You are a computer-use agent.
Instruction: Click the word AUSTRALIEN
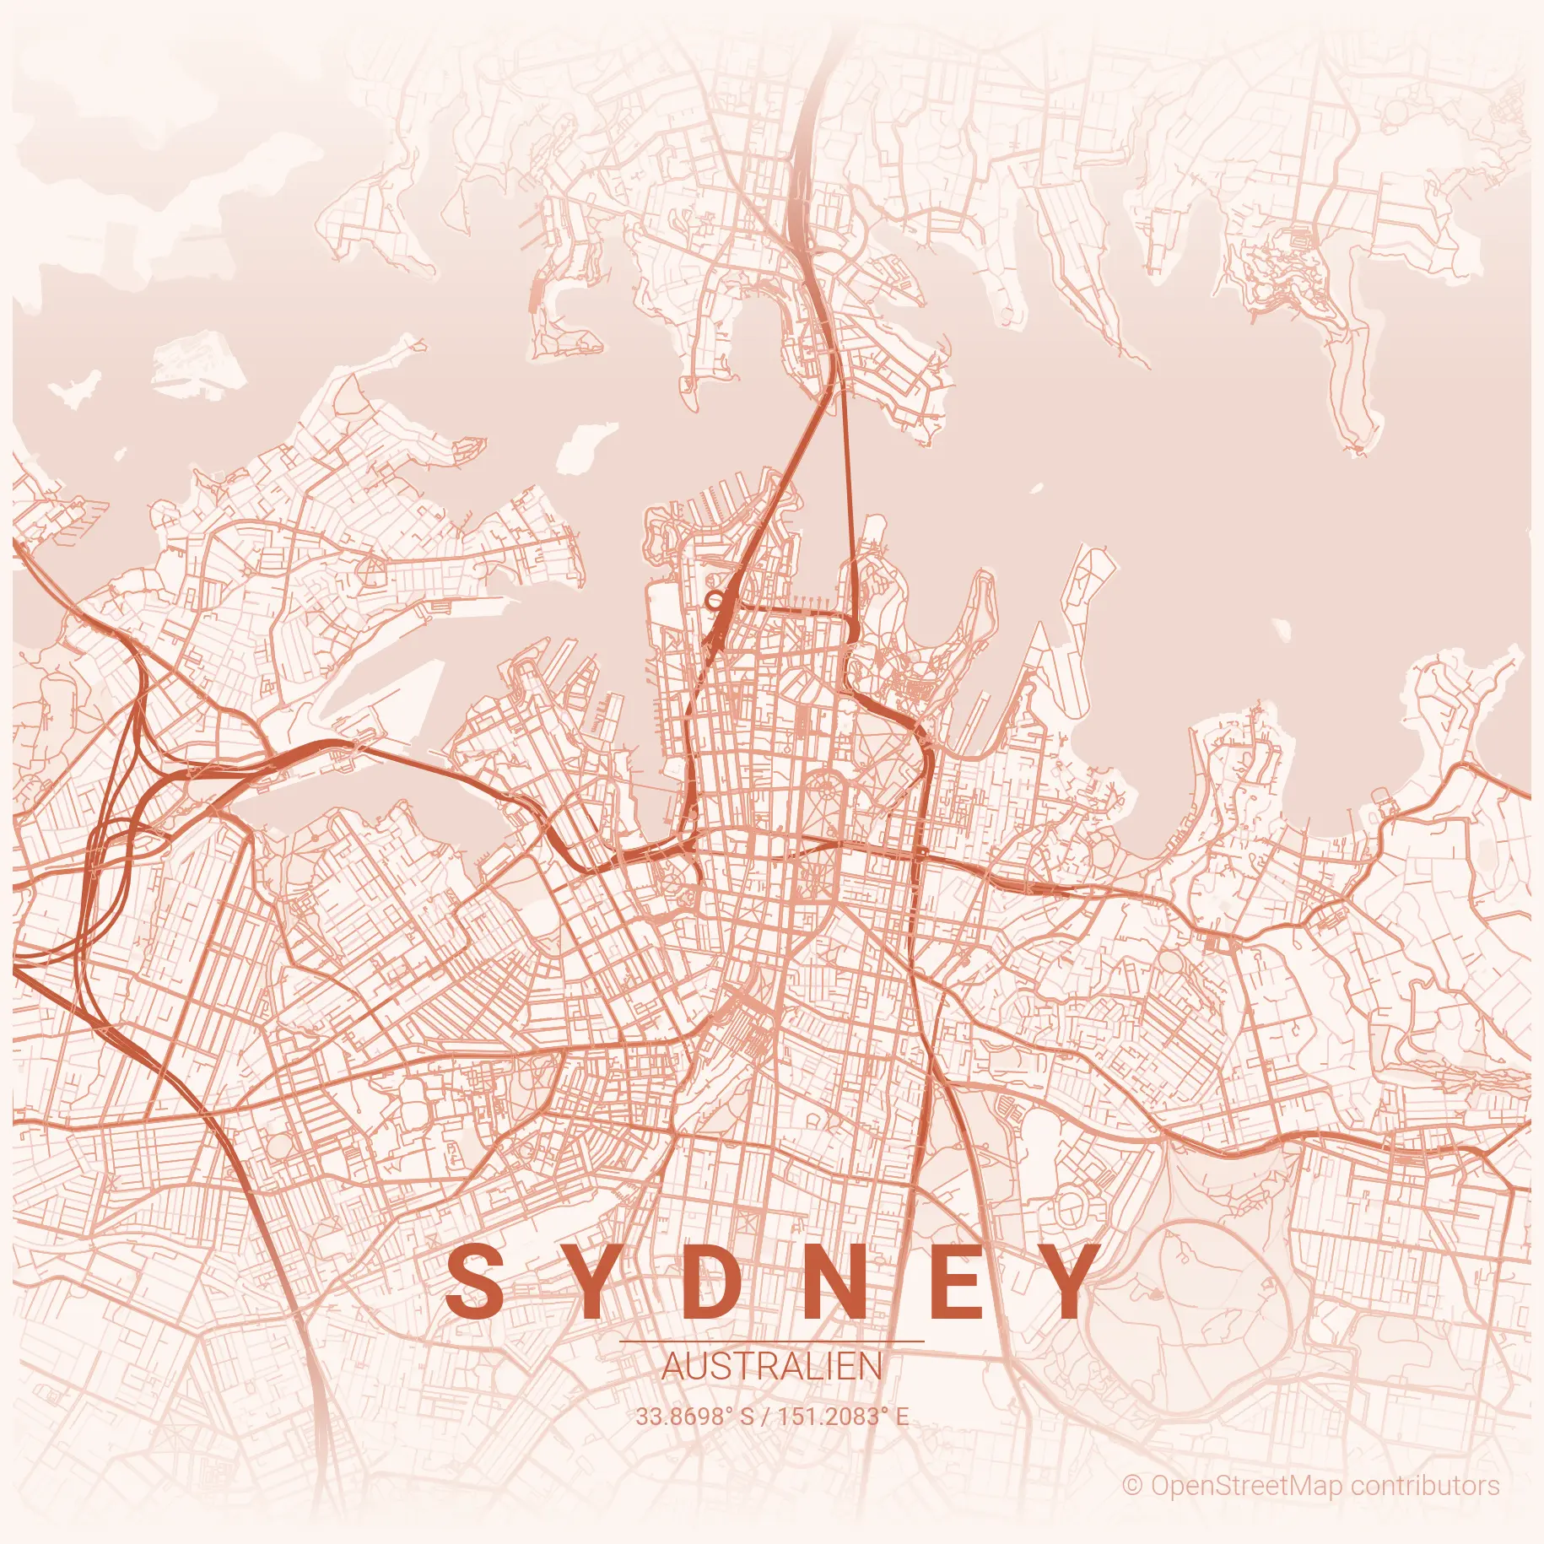(771, 1367)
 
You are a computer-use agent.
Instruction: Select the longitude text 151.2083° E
(843, 1416)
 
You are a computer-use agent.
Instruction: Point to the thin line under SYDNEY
(771, 1341)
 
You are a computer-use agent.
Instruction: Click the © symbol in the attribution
(1132, 1485)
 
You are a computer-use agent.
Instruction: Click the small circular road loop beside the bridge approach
(715, 601)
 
